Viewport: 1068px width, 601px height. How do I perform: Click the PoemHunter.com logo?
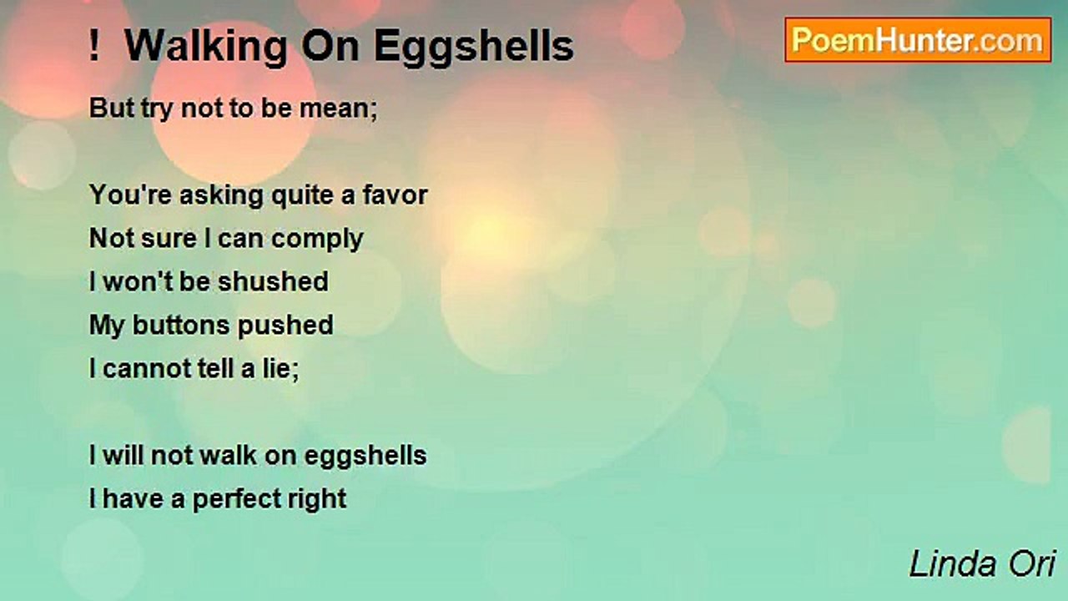pyautogui.click(x=918, y=40)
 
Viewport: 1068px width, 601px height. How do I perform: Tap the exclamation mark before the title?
pyautogui.click(x=94, y=45)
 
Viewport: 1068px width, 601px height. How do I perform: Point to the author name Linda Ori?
pyautogui.click(x=983, y=564)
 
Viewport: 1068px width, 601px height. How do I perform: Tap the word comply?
pyautogui.click(x=317, y=240)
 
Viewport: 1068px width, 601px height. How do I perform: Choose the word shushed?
pyautogui.click(x=273, y=281)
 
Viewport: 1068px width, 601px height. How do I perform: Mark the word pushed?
pyautogui.click(x=285, y=326)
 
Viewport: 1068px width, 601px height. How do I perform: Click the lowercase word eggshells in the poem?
pyautogui.click(x=365, y=457)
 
